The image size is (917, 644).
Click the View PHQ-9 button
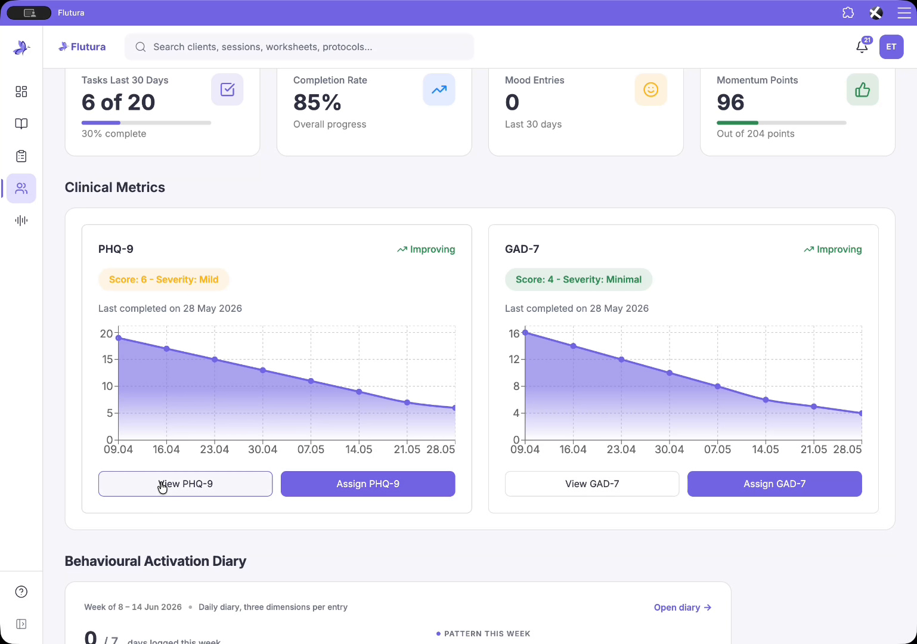pyautogui.click(x=185, y=484)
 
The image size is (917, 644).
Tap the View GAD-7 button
pyautogui.click(x=592, y=484)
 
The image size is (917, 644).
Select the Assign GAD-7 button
pyautogui.click(x=775, y=484)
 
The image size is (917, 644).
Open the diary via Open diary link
pyautogui.click(x=683, y=607)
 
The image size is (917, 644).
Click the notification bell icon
pyautogui.click(x=862, y=47)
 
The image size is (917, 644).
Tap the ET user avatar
pyautogui.click(x=891, y=47)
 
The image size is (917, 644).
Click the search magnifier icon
pyautogui.click(x=141, y=47)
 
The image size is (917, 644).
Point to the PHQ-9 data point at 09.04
pyautogui.click(x=118, y=338)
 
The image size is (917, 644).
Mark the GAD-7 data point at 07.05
pyautogui.click(x=718, y=386)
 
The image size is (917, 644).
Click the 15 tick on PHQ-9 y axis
pyautogui.click(x=107, y=359)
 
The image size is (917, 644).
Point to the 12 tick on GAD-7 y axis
pyautogui.click(x=514, y=359)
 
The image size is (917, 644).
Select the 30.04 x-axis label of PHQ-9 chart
pyautogui.click(x=262, y=449)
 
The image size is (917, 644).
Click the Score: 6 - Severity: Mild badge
pyautogui.click(x=163, y=279)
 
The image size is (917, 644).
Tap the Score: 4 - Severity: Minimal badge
pyautogui.click(x=578, y=279)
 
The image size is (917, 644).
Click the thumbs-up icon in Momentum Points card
pyautogui.click(x=862, y=89)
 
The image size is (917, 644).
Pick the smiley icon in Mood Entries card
pyautogui.click(x=650, y=89)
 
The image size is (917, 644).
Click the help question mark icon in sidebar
pyautogui.click(x=21, y=592)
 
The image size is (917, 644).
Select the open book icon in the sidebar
pyautogui.click(x=21, y=123)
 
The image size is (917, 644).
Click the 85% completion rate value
pyautogui.click(x=317, y=103)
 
